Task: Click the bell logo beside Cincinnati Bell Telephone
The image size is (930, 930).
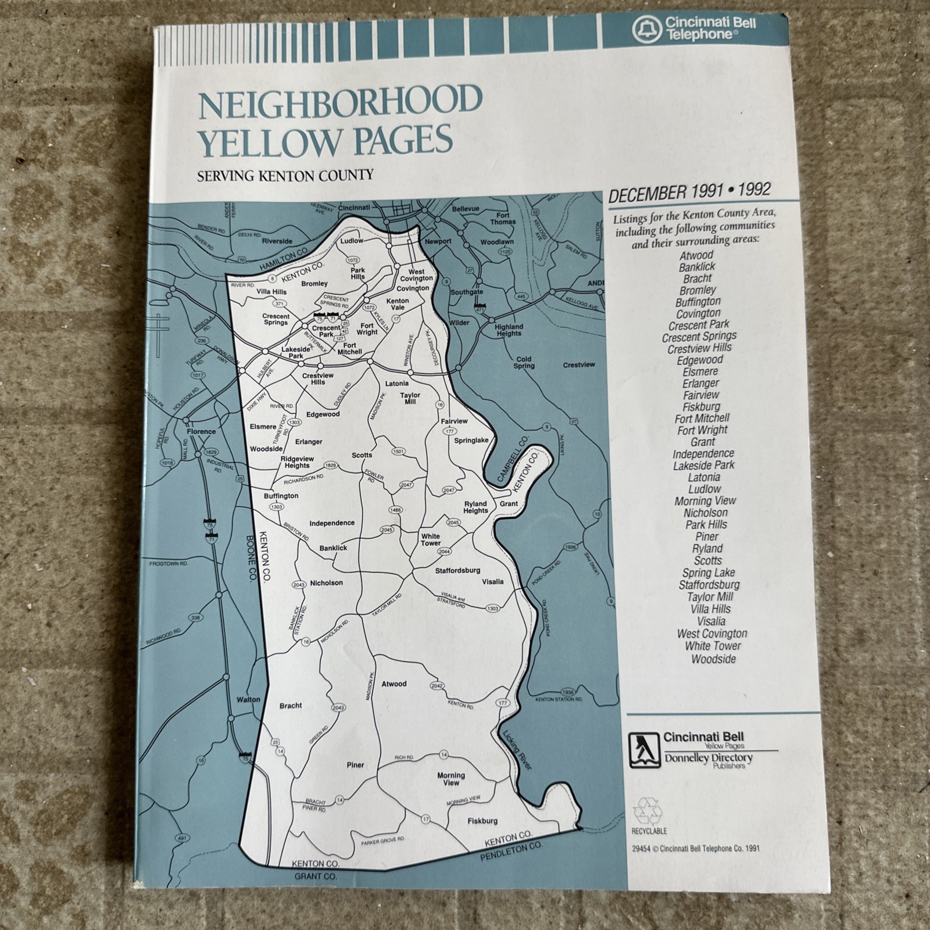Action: tap(645, 30)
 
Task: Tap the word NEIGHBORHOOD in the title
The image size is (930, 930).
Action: tap(340, 101)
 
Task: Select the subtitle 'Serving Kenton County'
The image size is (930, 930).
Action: tap(285, 175)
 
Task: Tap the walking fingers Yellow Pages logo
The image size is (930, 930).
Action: tap(644, 750)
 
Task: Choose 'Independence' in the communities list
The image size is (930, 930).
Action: tap(703, 453)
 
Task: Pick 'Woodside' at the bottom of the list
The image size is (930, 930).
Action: tap(713, 659)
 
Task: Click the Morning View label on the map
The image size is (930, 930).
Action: tap(451, 779)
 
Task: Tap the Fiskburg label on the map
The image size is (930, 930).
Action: tap(482, 821)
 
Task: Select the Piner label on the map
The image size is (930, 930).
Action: tap(355, 765)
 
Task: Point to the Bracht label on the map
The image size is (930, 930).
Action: tap(291, 705)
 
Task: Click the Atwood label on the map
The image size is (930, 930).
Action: tap(394, 684)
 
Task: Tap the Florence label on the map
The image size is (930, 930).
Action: tap(201, 432)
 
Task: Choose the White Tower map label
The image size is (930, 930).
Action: tap(431, 539)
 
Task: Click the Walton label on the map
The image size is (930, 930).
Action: tap(249, 699)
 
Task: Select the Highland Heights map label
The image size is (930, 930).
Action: tap(509, 330)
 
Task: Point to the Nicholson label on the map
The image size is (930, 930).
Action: tap(326, 582)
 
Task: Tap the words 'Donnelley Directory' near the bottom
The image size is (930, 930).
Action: tap(708, 758)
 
